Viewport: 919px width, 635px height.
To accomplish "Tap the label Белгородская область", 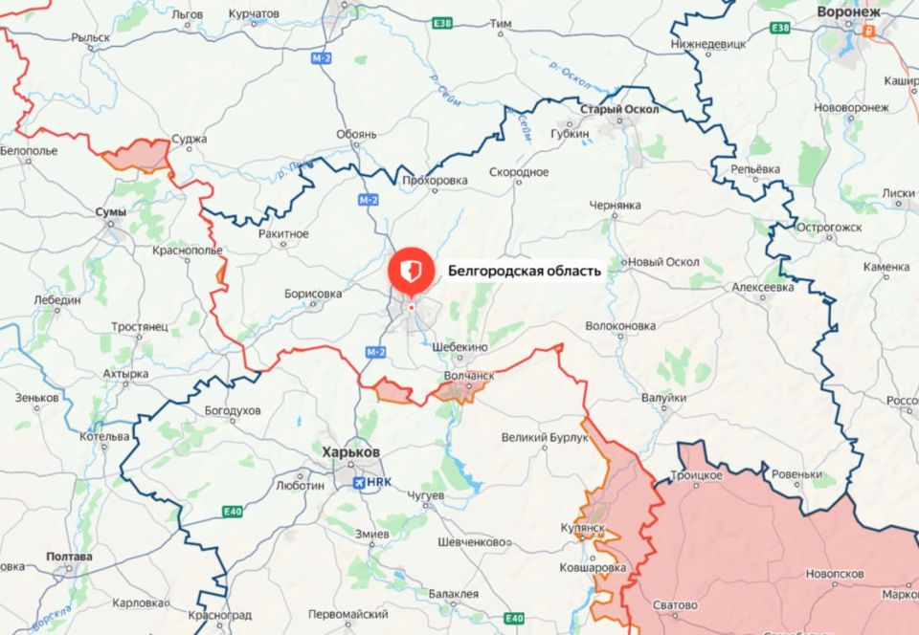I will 525,271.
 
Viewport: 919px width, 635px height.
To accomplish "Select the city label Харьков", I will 350,452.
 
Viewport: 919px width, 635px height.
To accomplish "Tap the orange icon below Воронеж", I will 870,31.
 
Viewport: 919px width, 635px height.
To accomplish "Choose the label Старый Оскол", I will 620,110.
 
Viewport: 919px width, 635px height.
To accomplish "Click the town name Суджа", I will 190,140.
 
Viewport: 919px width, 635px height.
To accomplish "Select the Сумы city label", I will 112,210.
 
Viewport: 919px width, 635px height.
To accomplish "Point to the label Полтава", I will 69,557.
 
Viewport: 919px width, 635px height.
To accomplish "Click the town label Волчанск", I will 469,377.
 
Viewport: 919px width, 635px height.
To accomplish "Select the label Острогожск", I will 830,227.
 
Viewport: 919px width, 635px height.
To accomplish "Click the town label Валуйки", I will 664,398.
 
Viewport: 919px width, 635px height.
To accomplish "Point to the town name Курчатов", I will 255,14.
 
